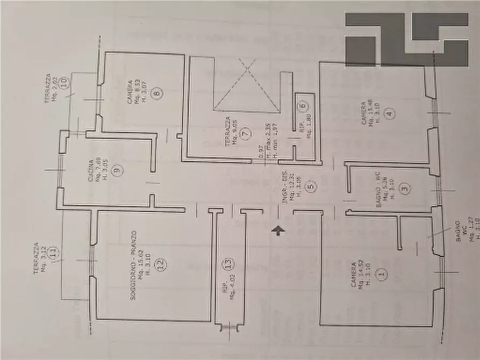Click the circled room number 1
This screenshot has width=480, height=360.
click(382, 275)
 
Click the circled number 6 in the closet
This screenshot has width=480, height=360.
click(302, 106)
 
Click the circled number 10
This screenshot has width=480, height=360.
click(65, 83)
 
